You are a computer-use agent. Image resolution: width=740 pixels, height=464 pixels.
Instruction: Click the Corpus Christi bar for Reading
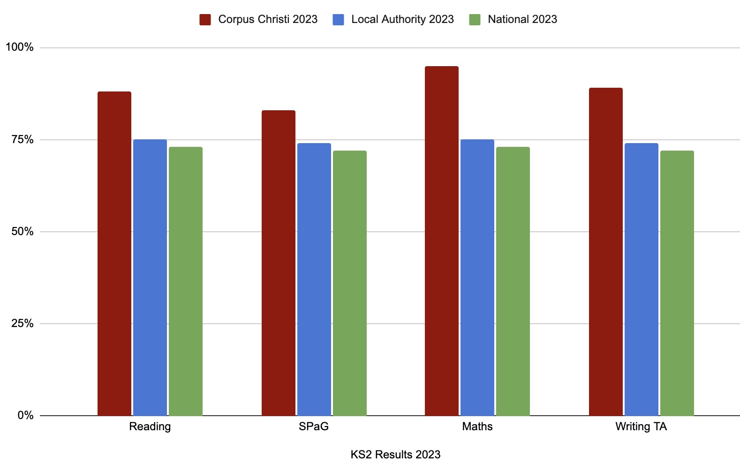(114, 253)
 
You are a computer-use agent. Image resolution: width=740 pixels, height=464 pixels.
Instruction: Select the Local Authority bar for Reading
(150, 277)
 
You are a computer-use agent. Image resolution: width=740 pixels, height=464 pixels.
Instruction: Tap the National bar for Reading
(186, 281)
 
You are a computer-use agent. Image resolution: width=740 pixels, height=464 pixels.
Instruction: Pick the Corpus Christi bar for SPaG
(279, 263)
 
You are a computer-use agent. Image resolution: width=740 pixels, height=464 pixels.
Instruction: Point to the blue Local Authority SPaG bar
(314, 279)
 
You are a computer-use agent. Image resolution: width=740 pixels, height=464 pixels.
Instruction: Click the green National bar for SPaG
(350, 283)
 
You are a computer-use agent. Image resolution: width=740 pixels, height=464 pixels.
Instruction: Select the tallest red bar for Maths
(442, 241)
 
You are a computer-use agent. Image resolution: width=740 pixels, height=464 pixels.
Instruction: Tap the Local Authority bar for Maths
(477, 277)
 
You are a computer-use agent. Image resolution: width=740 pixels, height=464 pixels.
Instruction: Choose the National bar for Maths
(513, 281)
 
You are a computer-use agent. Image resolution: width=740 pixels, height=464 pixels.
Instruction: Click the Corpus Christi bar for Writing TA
(606, 251)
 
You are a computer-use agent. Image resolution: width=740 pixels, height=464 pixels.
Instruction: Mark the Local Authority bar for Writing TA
(642, 279)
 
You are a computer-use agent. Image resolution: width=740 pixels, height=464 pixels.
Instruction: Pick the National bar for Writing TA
(677, 283)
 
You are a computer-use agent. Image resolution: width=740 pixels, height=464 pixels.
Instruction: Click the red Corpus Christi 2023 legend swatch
(205, 20)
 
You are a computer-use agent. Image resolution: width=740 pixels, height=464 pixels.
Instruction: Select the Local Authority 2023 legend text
(402, 20)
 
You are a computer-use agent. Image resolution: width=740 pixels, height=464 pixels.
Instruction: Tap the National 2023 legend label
(522, 20)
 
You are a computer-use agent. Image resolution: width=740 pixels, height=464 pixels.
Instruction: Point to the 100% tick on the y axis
(20, 47)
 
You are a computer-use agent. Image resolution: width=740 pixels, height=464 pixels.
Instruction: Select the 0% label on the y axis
(25, 416)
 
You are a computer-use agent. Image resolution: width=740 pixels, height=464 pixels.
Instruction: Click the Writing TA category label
(641, 427)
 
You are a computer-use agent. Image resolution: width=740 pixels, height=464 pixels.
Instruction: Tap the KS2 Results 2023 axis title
(395, 455)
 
